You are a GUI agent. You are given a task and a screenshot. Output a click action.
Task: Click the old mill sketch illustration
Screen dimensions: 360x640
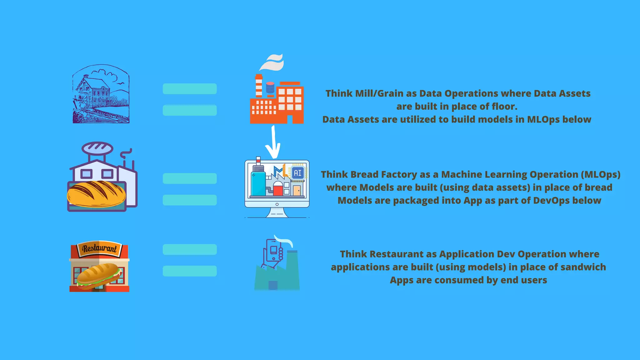coord(101,94)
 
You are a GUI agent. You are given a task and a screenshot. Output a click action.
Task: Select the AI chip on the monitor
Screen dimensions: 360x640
coord(297,173)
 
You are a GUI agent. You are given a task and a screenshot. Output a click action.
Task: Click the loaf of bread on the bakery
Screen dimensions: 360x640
coord(96,194)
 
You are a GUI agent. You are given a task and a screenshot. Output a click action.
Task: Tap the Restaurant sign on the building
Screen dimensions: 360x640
coord(99,248)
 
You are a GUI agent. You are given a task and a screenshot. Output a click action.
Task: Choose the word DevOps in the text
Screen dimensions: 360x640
coord(550,200)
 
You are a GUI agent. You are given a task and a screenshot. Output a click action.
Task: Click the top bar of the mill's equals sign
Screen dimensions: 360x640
coord(190,89)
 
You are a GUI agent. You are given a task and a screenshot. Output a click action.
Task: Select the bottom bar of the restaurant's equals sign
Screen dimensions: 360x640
coord(190,271)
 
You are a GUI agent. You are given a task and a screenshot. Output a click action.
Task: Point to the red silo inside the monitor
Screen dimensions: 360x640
coord(278,189)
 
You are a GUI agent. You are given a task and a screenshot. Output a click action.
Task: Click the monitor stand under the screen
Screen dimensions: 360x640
coord(277,213)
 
